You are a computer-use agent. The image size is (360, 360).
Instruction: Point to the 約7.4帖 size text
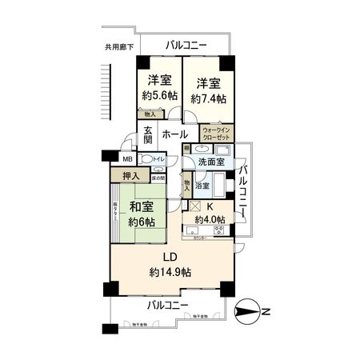[209, 98]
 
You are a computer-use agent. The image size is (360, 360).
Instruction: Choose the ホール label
[175, 134]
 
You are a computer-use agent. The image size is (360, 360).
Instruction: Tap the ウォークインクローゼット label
[215, 133]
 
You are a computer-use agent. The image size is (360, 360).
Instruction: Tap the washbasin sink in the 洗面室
[201, 149]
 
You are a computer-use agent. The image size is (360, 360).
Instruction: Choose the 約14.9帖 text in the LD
[170, 273]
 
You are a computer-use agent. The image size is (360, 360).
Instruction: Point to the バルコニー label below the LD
[167, 306]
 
